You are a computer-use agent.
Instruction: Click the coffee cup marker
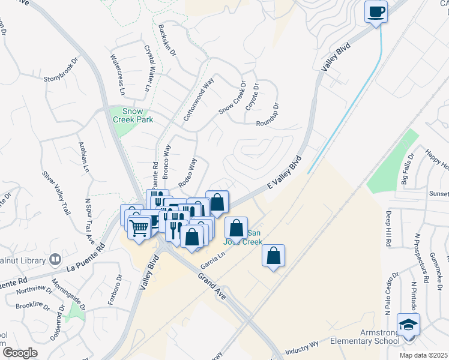tap(376, 12)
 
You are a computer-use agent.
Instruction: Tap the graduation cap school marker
tap(409, 325)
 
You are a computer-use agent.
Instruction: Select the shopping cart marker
tap(139, 227)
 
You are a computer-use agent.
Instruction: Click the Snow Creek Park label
tap(133, 115)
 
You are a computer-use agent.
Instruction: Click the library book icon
tap(55, 259)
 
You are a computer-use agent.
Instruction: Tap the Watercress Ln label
tap(117, 75)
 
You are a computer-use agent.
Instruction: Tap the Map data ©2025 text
tap(424, 355)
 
